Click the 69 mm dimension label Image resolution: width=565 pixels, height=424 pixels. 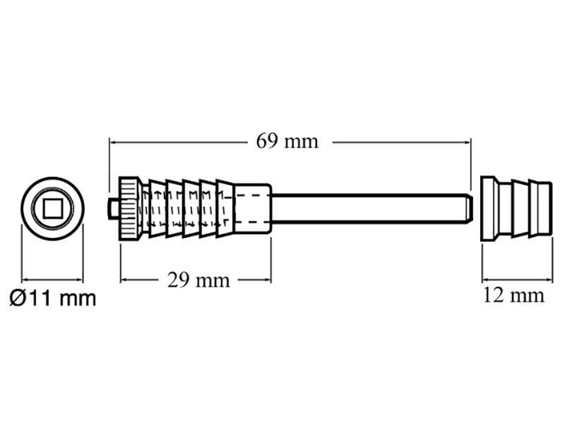click(x=287, y=141)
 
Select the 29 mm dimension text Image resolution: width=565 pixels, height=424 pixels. click(x=198, y=280)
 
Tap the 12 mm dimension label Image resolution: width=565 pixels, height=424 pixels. click(x=513, y=295)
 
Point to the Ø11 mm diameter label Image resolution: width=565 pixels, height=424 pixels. click(x=52, y=298)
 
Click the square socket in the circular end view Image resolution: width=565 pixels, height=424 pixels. click(x=52, y=208)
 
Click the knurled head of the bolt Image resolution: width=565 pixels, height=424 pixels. click(x=129, y=208)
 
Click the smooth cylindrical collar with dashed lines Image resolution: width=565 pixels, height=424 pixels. click(x=253, y=208)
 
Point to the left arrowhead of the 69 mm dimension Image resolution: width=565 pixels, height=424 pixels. click(x=112, y=142)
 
